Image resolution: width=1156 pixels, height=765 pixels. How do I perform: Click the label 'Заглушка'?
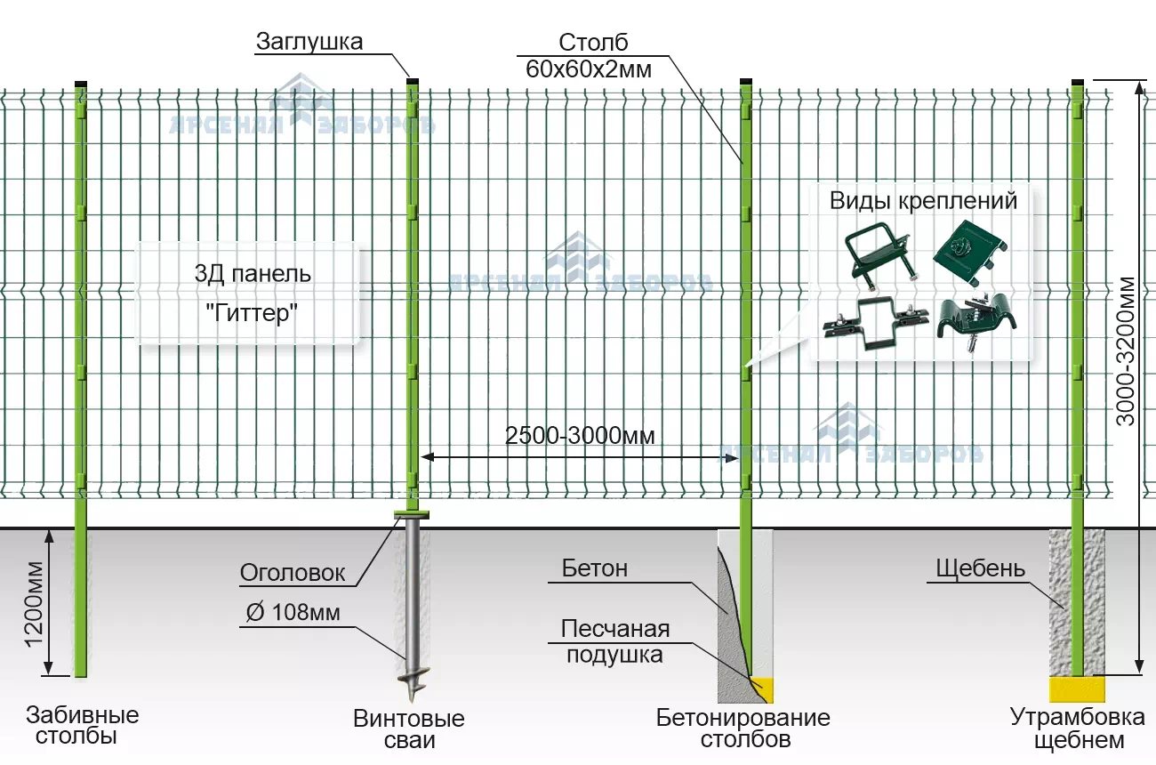point(309,42)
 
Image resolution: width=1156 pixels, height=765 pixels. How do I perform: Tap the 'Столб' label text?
point(593,43)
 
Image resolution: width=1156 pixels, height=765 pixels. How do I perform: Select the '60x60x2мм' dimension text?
point(588,69)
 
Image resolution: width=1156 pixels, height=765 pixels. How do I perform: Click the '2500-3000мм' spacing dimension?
point(580,436)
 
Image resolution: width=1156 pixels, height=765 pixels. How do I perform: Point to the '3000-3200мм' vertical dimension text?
point(1126,352)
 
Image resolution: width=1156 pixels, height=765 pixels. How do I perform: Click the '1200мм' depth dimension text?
point(33,604)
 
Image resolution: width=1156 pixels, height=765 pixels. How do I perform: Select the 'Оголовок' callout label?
point(293,573)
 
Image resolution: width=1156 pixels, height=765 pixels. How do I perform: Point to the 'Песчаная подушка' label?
point(614,642)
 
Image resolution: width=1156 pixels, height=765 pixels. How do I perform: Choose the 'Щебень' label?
point(980,568)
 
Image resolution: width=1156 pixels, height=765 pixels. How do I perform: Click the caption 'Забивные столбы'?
point(83,726)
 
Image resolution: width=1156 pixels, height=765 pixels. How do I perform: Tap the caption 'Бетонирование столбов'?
point(743,729)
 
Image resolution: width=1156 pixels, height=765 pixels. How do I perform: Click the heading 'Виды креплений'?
point(923,200)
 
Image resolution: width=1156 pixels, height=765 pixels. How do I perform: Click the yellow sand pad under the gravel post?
point(1078,688)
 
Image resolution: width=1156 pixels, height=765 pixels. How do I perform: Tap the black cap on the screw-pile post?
point(412,81)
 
